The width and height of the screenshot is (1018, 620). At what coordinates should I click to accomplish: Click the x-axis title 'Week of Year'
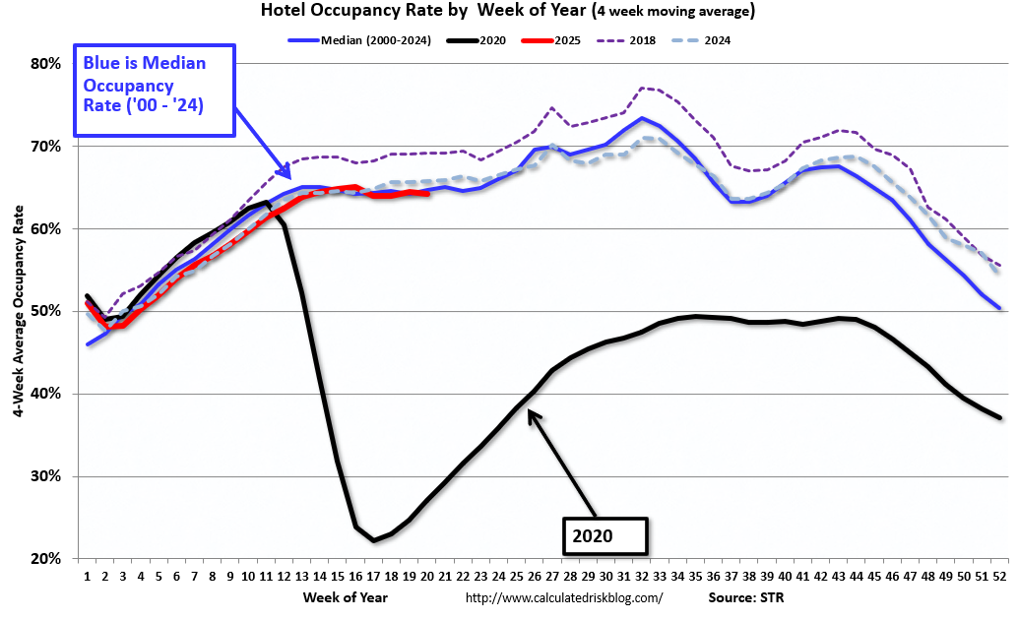tap(347, 596)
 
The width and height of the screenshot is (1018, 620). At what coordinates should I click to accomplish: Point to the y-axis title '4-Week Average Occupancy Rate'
tap(19, 311)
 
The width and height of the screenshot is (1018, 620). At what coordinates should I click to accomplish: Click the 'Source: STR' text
tap(745, 597)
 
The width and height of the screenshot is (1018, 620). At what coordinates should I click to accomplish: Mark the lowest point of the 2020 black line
tap(374, 540)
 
